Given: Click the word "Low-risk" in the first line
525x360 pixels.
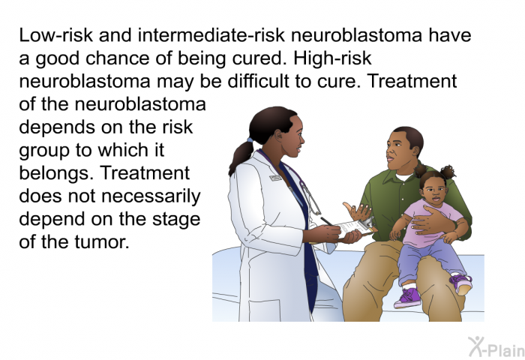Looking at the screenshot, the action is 55,35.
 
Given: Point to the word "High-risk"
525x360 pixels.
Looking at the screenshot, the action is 333,58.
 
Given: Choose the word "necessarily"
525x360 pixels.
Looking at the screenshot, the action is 151,196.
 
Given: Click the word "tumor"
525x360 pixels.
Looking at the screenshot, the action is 102,242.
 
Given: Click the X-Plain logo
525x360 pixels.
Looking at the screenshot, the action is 496,347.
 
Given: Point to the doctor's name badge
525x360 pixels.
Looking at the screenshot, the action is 275,178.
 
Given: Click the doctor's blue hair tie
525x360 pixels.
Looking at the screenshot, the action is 250,139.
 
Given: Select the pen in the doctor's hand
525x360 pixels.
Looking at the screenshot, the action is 326,221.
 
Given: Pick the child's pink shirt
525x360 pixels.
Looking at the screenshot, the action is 430,223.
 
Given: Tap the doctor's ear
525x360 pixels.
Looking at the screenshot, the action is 278,135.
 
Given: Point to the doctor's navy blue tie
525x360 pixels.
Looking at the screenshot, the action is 302,235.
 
